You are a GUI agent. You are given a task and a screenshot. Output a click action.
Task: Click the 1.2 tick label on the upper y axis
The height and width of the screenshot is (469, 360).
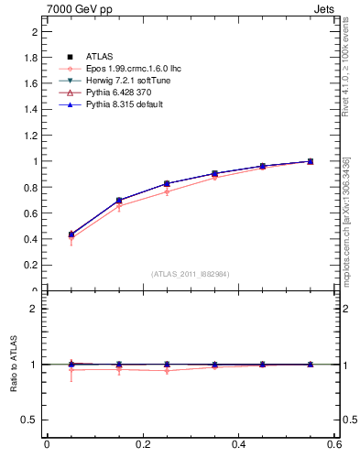point(29,136)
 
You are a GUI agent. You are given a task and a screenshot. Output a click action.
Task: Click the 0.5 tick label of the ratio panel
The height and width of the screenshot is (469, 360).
point(29,420)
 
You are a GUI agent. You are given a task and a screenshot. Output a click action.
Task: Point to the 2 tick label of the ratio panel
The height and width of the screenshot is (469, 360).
point(34,309)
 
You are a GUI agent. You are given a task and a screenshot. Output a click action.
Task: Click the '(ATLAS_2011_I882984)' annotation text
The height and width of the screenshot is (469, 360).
point(191,274)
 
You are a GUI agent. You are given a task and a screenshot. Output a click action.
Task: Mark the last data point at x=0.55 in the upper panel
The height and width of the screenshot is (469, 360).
point(311,161)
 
